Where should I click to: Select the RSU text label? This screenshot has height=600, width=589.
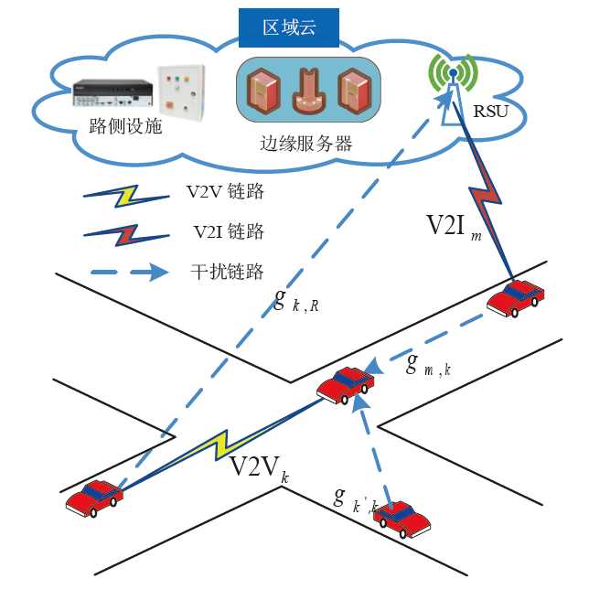[490, 113]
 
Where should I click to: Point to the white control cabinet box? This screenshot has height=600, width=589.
[180, 91]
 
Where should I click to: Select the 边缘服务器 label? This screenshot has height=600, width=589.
[305, 144]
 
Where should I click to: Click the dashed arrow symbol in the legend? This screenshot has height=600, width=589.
[129, 272]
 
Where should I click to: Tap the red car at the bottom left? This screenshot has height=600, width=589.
[93, 497]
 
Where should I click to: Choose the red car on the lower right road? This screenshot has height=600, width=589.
[402, 520]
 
